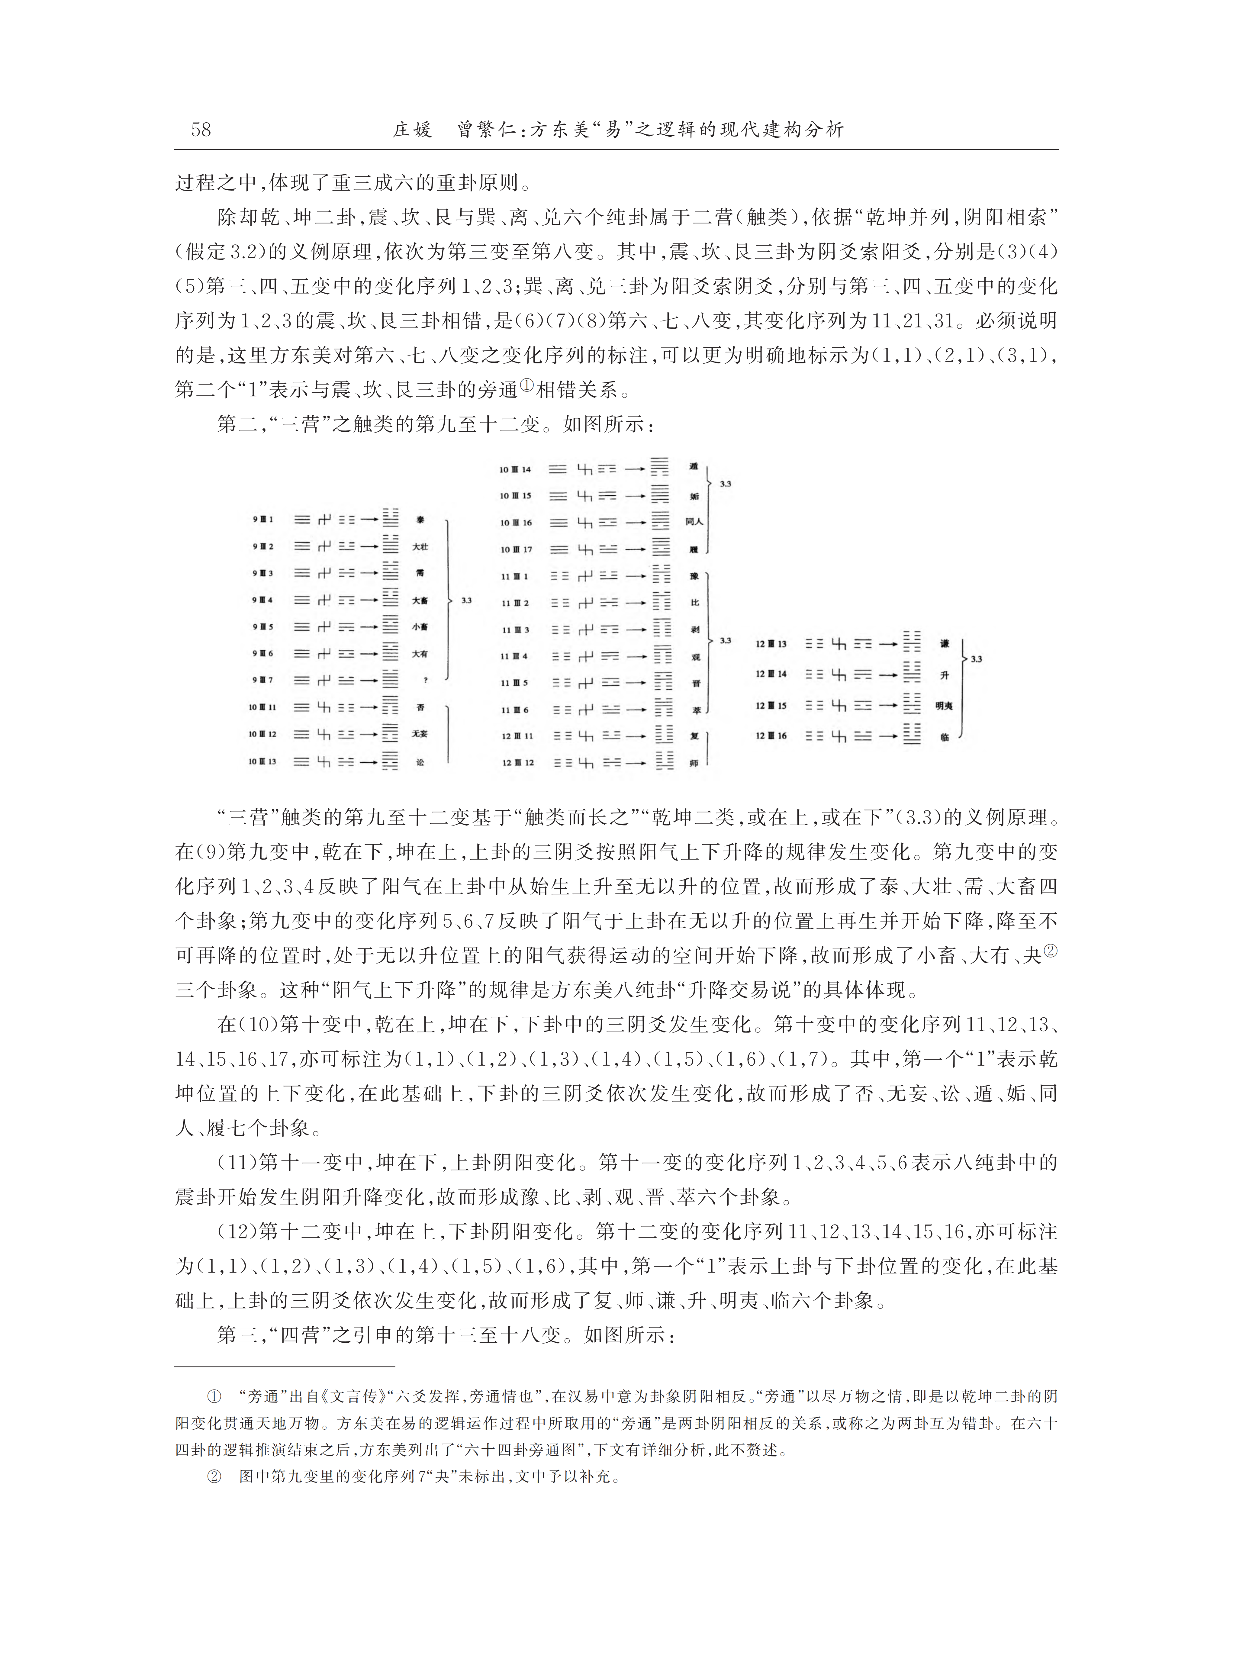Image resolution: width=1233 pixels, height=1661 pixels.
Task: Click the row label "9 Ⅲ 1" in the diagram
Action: coord(263,519)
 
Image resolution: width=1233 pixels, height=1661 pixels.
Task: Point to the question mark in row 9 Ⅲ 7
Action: coord(425,681)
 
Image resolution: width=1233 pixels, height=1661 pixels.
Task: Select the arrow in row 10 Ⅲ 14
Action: coord(635,469)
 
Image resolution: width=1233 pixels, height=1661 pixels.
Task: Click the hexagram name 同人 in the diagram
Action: coord(694,522)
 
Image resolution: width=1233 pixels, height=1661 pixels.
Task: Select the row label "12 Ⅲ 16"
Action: coord(771,736)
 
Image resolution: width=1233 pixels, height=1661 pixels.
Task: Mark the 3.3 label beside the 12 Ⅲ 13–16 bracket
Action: coord(976,659)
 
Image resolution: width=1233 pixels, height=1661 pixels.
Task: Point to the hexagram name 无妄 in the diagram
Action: coord(420,734)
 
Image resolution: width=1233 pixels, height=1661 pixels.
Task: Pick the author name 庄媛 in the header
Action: coord(413,130)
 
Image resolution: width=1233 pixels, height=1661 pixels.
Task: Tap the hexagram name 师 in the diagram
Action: coord(694,763)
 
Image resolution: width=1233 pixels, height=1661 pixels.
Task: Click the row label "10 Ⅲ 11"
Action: coord(263,707)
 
